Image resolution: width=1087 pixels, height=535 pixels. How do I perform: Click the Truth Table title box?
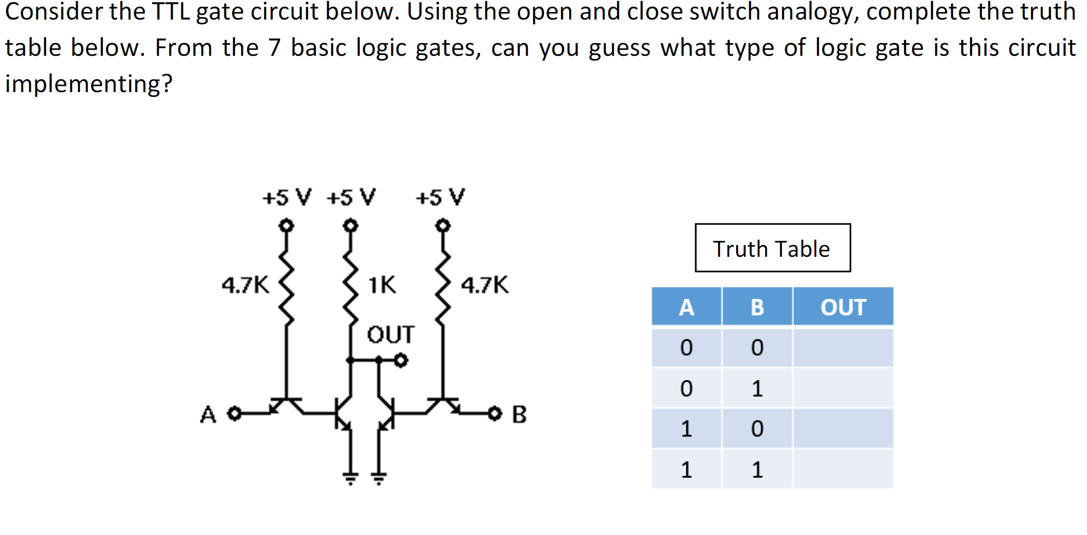click(772, 248)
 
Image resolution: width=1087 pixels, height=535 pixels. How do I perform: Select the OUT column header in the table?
click(843, 307)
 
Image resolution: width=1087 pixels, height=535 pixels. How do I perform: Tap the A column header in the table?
click(686, 307)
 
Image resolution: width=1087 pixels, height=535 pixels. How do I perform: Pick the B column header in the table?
click(757, 307)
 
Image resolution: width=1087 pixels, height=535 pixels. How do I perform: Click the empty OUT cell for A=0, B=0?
click(843, 348)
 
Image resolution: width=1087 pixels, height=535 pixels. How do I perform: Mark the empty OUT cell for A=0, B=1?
click(843, 388)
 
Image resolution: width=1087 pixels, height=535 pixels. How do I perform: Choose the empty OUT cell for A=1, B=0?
click(843, 428)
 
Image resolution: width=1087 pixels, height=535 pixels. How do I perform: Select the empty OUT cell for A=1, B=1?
click(843, 469)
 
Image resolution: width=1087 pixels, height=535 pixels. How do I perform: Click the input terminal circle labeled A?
click(235, 413)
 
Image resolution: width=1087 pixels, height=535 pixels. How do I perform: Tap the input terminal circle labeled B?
click(495, 413)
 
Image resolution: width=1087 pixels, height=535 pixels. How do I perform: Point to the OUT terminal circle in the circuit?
click(401, 360)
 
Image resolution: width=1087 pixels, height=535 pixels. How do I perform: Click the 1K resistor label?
click(382, 285)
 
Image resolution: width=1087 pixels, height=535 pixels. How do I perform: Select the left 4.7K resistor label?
click(245, 285)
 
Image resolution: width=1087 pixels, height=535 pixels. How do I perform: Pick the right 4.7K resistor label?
click(485, 285)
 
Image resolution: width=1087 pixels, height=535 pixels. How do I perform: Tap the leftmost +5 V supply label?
click(286, 197)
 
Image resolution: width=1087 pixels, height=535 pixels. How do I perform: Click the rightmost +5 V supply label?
click(440, 197)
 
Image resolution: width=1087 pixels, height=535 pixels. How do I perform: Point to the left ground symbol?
click(350, 477)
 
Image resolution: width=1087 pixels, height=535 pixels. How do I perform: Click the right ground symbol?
click(379, 477)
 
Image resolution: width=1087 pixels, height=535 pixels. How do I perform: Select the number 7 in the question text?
click(275, 47)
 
